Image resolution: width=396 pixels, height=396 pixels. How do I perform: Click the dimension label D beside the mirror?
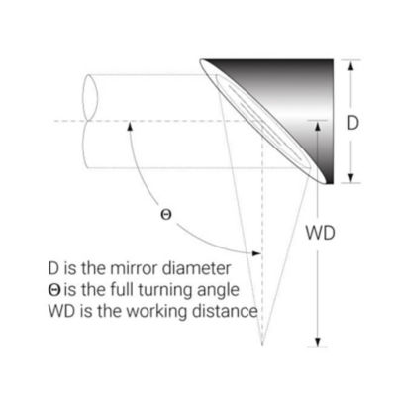point(352,123)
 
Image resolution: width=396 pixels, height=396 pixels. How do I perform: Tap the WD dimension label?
point(320,233)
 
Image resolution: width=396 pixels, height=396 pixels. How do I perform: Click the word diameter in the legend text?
point(197,268)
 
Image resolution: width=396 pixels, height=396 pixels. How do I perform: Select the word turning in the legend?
point(166,291)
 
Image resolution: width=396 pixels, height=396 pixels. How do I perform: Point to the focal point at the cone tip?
point(262,344)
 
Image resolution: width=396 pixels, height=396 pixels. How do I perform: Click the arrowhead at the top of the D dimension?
point(351,65)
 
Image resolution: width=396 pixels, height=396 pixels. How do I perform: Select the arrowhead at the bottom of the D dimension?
point(351,178)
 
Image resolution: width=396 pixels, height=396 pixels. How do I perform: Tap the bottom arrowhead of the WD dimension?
point(318,343)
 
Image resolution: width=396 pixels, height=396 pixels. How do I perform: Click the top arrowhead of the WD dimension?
point(318,127)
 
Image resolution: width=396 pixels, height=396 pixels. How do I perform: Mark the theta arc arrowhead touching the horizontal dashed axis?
point(131,127)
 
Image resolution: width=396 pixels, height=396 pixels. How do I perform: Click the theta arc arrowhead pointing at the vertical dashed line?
point(256,253)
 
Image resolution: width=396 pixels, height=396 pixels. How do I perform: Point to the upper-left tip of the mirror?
point(201,60)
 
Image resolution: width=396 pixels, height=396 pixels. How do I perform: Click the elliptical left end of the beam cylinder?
point(90,122)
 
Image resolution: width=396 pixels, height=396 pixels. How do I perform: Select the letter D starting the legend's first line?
point(53,268)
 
